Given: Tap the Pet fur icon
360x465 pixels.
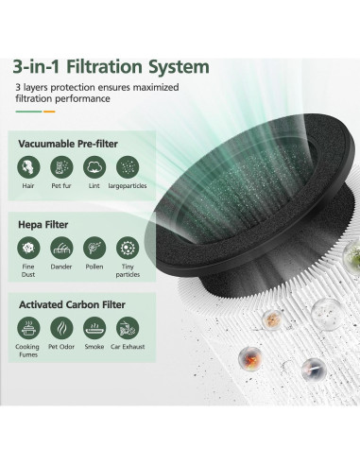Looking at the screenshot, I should [62, 167].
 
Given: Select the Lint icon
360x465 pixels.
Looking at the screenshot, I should [94, 167].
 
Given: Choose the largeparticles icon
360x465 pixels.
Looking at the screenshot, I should [127, 167].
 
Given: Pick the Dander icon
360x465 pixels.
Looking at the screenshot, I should [62, 248].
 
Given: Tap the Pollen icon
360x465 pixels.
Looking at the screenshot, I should [94, 248].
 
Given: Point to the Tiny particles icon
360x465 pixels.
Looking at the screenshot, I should [127, 248].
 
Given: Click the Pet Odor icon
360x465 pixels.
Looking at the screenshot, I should [62, 328].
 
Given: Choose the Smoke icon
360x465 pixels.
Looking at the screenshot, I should [94, 328].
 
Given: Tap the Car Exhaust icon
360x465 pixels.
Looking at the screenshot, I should [127, 328].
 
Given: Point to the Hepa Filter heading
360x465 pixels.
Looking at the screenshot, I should [46, 223].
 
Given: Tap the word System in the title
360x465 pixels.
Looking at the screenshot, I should [185, 67].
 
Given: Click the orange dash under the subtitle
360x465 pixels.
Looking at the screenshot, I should [49, 112].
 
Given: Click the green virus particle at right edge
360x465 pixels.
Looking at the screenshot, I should [354, 253].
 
